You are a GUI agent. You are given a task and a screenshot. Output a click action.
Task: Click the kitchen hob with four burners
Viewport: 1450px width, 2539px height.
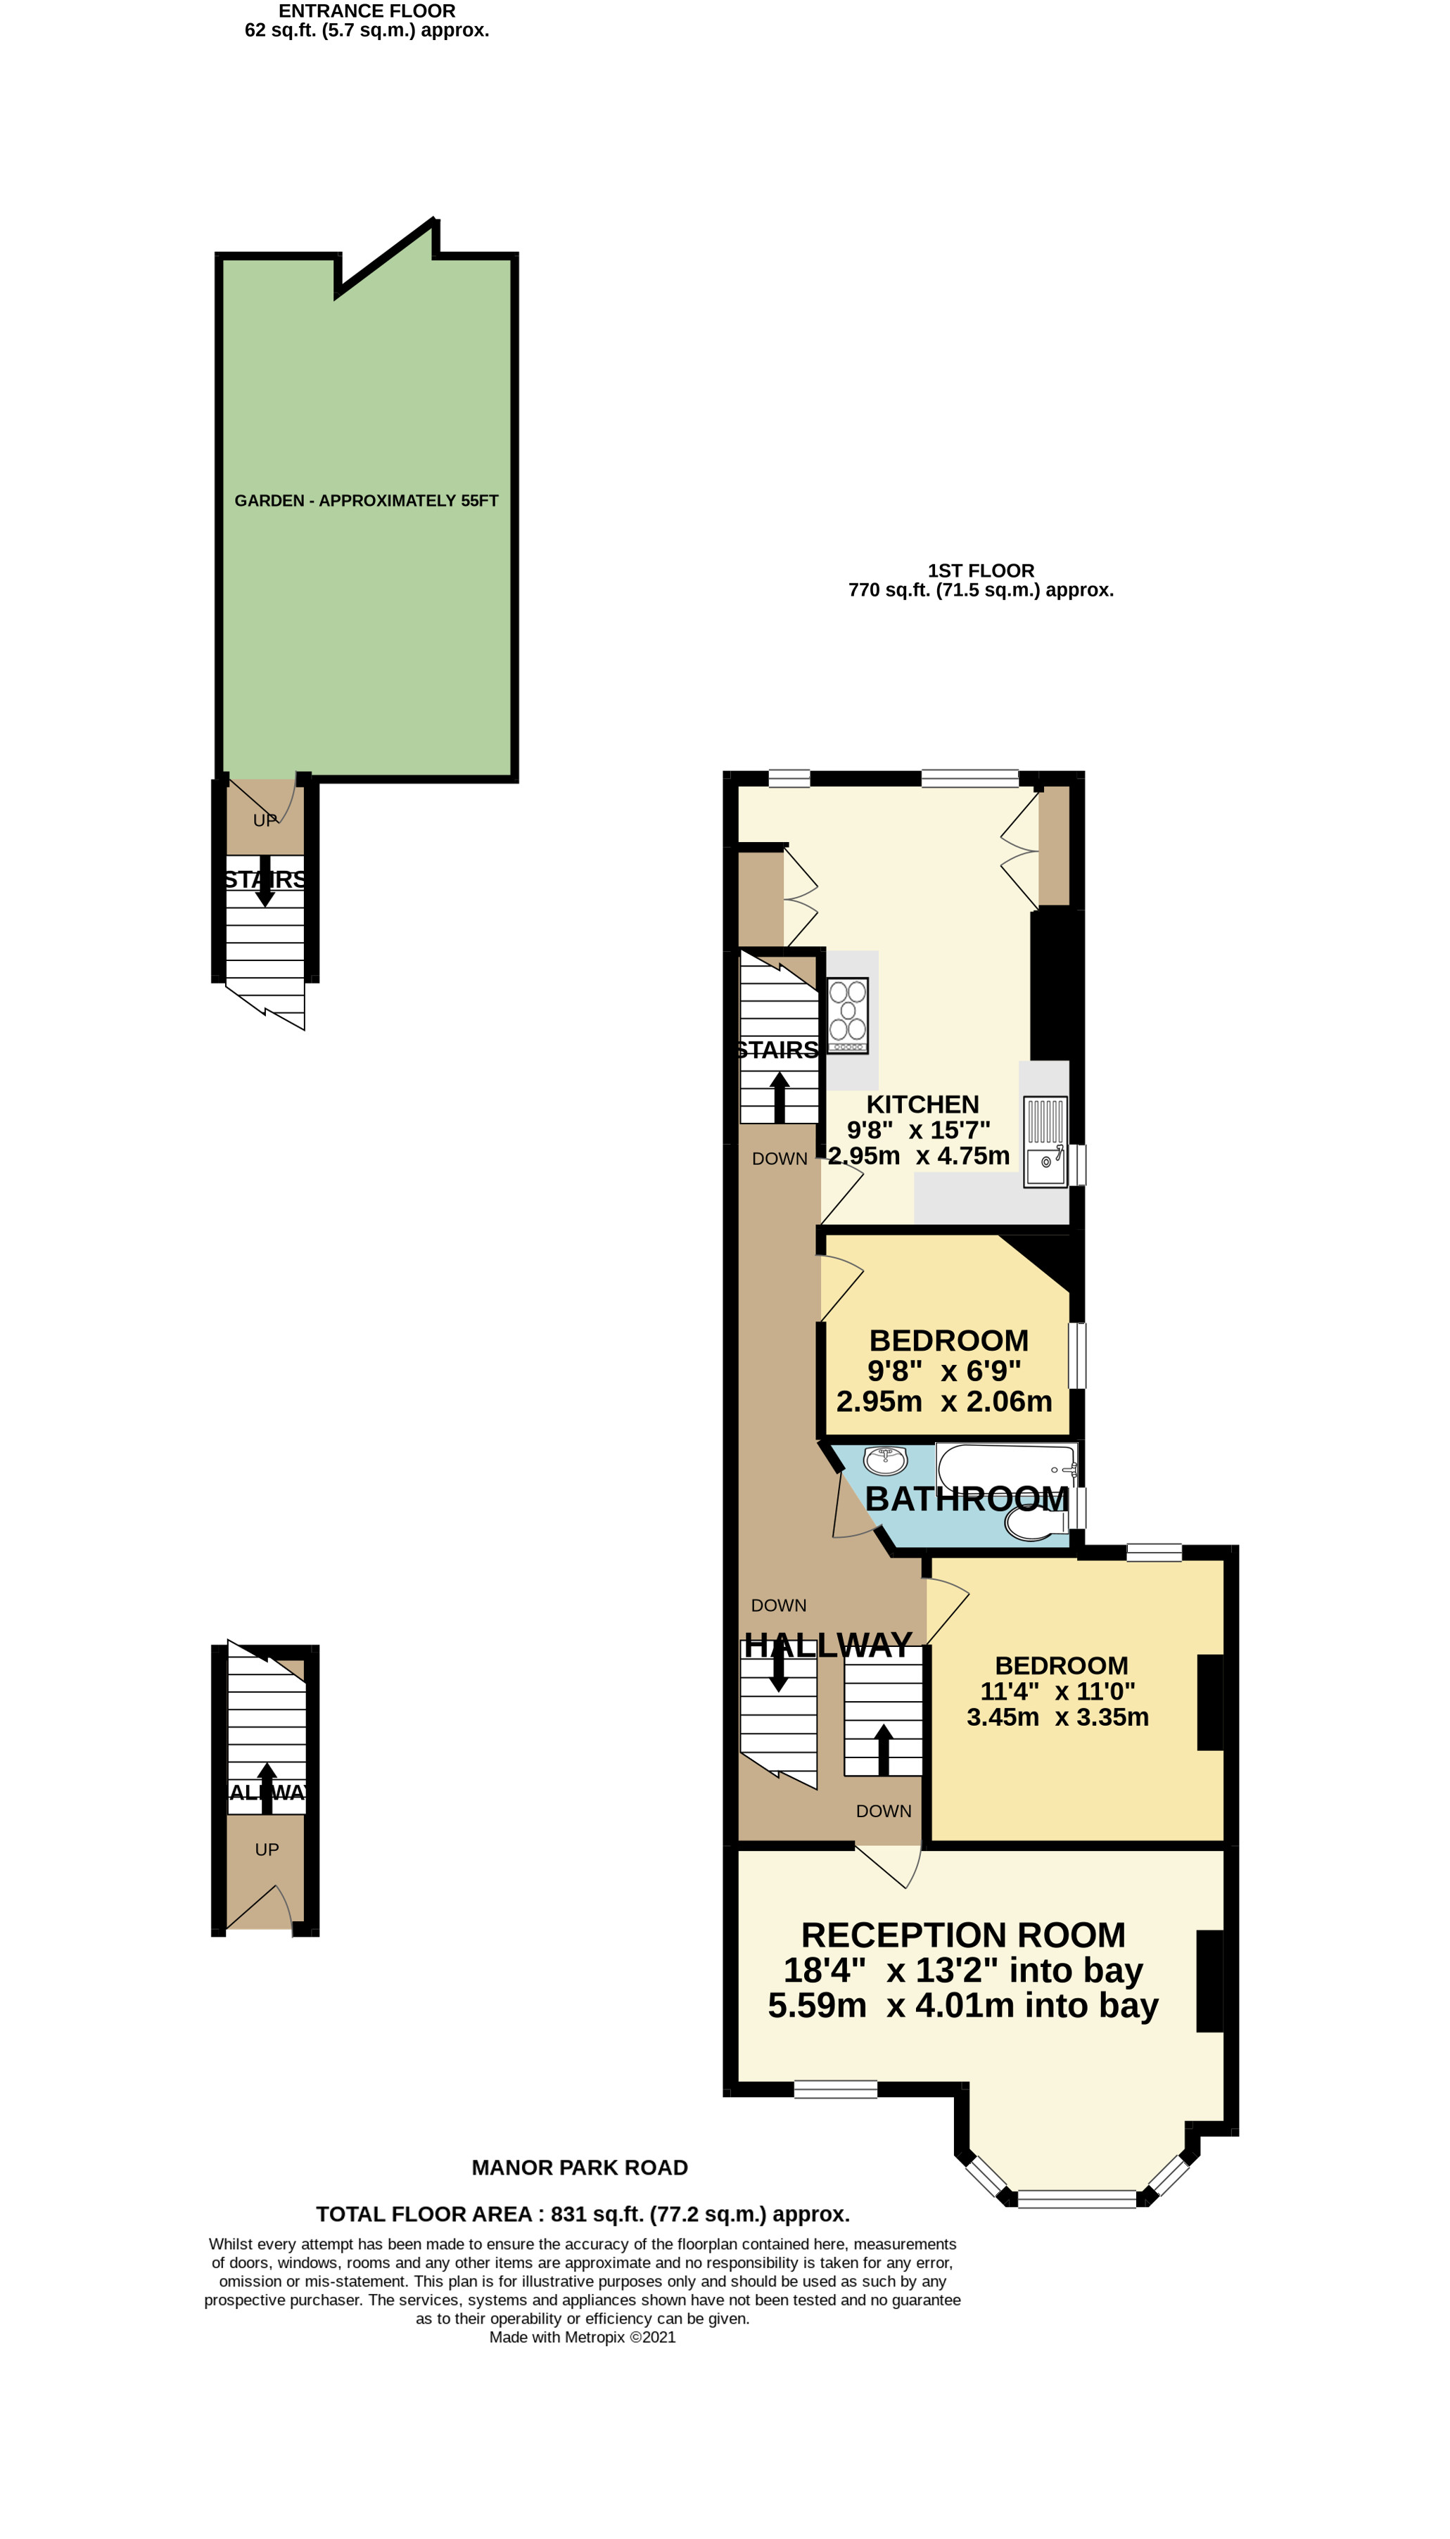(x=848, y=1014)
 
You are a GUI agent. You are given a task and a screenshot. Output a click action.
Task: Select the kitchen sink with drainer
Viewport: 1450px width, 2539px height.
(x=1045, y=1140)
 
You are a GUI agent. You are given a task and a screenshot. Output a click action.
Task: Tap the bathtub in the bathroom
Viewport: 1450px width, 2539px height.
(x=1006, y=1465)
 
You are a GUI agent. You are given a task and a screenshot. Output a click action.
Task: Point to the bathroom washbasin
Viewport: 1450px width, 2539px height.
(x=884, y=1461)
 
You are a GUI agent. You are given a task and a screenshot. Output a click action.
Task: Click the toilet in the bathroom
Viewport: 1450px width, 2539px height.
(x=1036, y=1523)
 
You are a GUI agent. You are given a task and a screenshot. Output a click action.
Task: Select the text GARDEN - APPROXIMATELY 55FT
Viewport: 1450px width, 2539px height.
(x=367, y=501)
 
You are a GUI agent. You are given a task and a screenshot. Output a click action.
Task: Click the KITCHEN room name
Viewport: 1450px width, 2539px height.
(x=922, y=1105)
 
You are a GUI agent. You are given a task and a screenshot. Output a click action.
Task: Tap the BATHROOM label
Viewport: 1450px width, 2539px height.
(x=966, y=1498)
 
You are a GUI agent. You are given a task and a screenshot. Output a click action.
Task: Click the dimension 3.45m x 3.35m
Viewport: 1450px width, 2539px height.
(x=1057, y=1717)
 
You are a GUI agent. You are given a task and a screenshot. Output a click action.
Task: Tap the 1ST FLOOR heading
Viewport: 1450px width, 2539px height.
(x=981, y=571)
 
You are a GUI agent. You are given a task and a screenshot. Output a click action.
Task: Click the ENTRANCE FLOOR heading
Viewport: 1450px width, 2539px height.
(x=367, y=11)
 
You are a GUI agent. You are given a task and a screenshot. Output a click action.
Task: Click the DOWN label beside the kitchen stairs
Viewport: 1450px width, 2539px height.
(x=780, y=1159)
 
